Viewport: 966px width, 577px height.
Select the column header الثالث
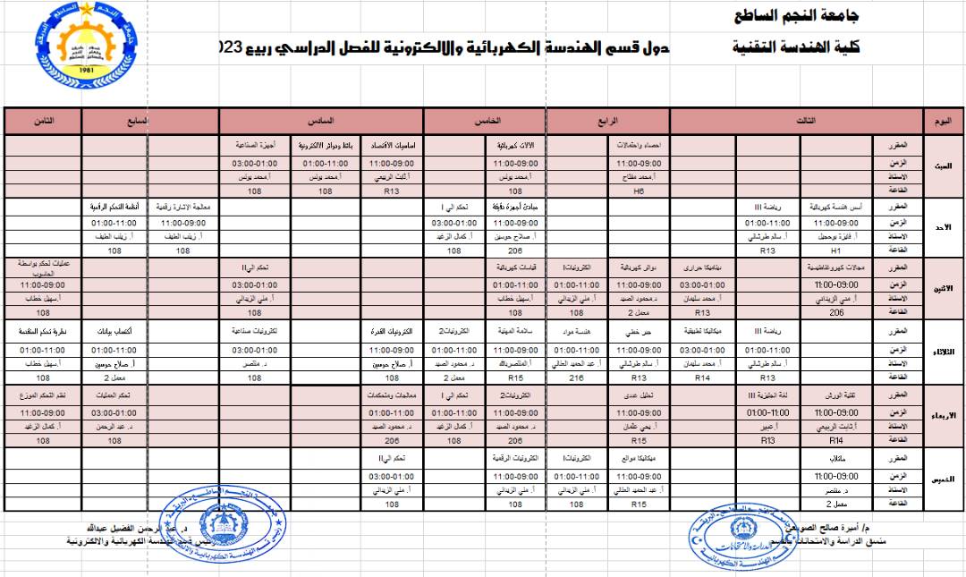796,121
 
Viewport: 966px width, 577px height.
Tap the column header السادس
321,121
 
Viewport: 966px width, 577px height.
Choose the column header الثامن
42,121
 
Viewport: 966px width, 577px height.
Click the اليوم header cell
943,121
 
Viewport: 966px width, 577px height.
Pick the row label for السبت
943,165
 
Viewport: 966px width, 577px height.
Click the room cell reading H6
639,191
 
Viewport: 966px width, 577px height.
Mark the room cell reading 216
575,378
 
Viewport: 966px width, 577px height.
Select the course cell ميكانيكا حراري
703,267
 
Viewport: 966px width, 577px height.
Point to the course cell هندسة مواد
575,331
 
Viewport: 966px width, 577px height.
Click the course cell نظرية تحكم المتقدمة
42,331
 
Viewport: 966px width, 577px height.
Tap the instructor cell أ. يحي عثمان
639,427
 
